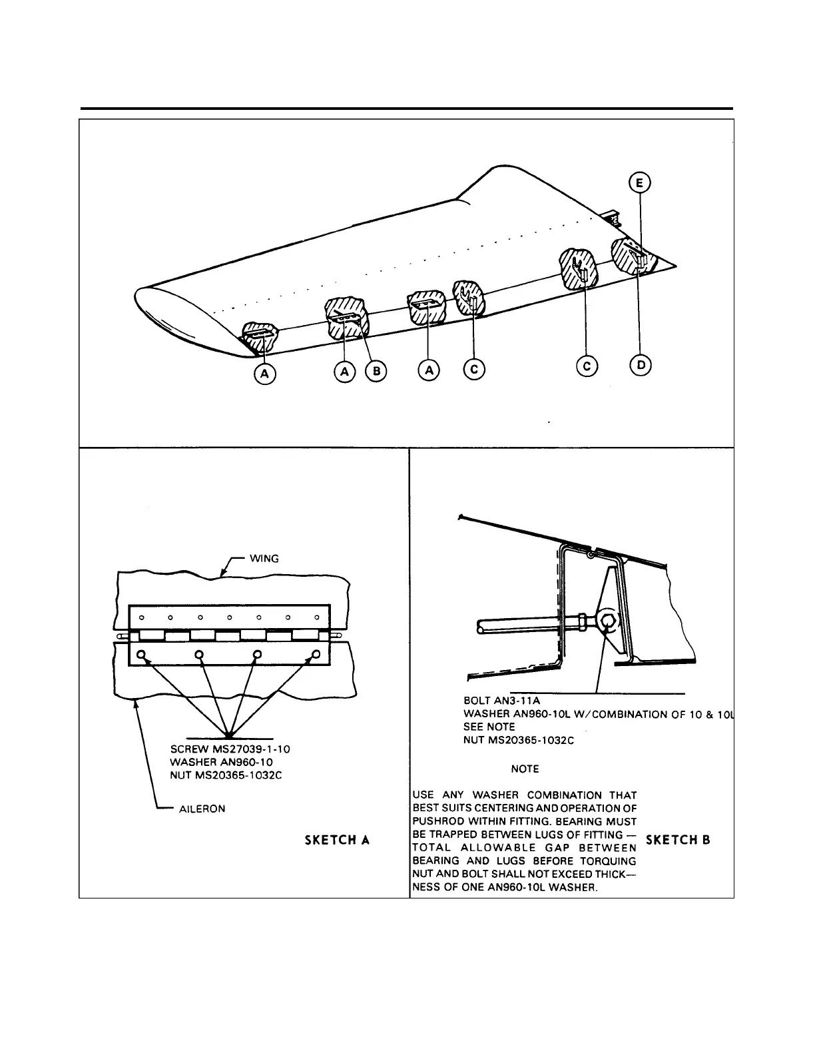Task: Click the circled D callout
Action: pyautogui.click(x=641, y=365)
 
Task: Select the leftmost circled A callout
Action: pyautogui.click(x=264, y=374)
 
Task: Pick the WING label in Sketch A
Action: pyautogui.click(x=264, y=558)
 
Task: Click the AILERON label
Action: pyautogui.click(x=202, y=809)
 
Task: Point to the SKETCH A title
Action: pyautogui.click(x=337, y=840)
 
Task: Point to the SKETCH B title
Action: pyautogui.click(x=678, y=840)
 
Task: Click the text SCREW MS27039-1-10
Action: pyautogui.click(x=230, y=749)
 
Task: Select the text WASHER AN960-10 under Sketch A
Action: pyautogui.click(x=221, y=762)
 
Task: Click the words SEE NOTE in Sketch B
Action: pyautogui.click(x=489, y=727)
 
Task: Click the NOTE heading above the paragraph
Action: pyautogui.click(x=525, y=769)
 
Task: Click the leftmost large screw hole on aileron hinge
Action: pyautogui.click(x=142, y=655)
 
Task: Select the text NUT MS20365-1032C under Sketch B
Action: pyautogui.click(x=519, y=740)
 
